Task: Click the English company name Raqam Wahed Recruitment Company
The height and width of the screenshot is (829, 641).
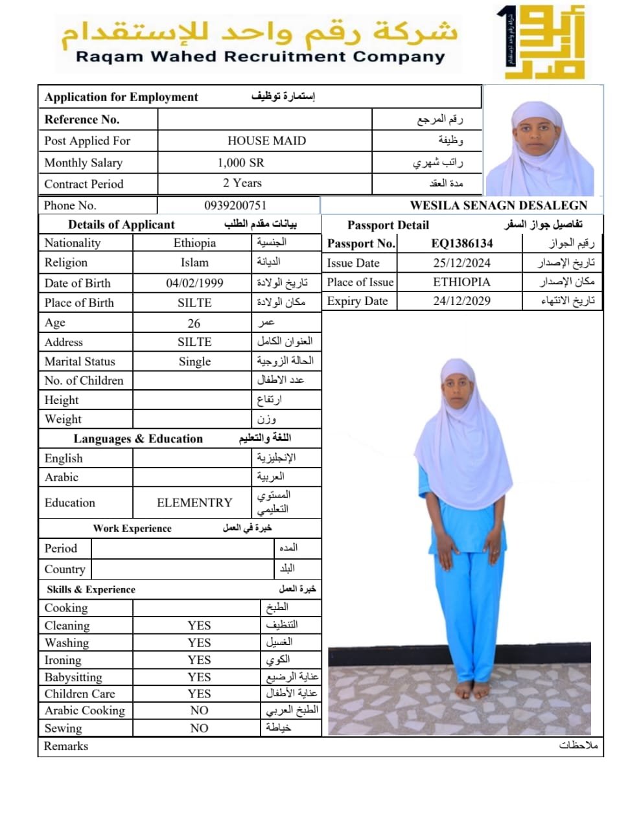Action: (x=261, y=56)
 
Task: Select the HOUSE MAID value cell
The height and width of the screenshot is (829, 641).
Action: (x=266, y=141)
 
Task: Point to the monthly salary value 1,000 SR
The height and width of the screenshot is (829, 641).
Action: (x=240, y=163)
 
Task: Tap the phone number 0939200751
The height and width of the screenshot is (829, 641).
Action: (x=235, y=205)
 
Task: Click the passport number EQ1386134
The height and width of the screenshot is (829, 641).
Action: (x=461, y=244)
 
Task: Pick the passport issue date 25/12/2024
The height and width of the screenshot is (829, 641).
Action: (x=461, y=263)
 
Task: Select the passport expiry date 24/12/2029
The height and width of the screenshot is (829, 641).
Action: (x=461, y=301)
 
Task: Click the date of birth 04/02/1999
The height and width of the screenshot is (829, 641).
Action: (x=194, y=283)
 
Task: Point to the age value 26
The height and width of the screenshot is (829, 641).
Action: (x=194, y=323)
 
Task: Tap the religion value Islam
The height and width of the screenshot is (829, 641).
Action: (x=194, y=262)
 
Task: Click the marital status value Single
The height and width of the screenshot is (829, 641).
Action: (x=194, y=361)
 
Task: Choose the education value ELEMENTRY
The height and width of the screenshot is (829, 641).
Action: (x=194, y=503)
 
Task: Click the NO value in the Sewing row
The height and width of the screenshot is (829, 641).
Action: (x=199, y=728)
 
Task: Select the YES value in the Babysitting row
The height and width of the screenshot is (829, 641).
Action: (x=199, y=677)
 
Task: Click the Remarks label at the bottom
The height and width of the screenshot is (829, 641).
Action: (x=66, y=746)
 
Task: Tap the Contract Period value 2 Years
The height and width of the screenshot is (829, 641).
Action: (x=242, y=183)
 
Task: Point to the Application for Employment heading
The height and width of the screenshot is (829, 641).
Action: (x=121, y=97)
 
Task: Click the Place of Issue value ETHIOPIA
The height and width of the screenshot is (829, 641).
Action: (x=461, y=282)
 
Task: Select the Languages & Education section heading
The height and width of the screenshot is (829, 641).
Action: (x=138, y=438)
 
